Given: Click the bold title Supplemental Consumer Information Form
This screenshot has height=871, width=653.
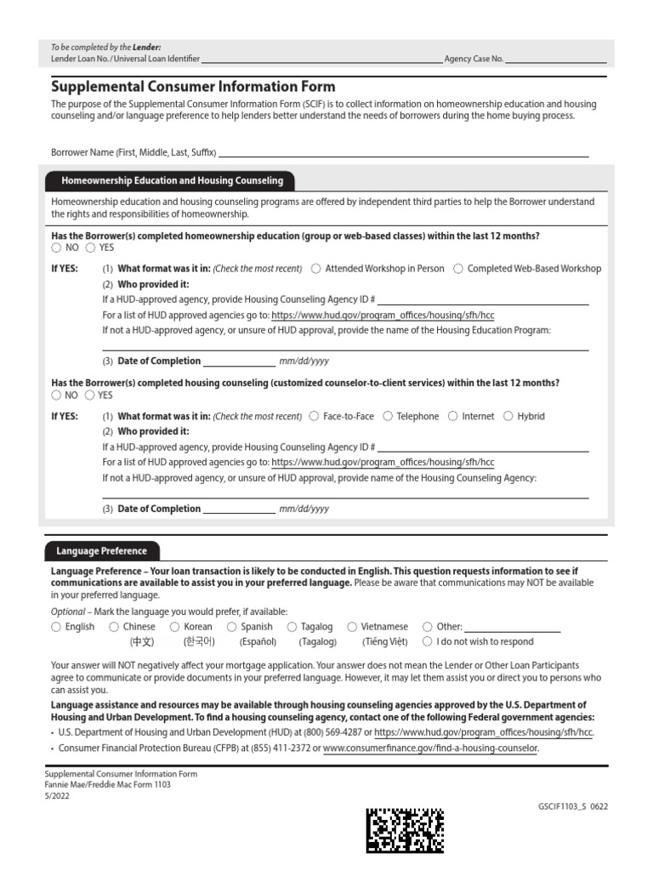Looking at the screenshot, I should [x=193, y=87].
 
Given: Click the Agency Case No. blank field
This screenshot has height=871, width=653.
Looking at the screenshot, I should [x=556, y=60].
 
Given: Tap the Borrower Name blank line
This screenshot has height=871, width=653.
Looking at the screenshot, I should [x=403, y=153].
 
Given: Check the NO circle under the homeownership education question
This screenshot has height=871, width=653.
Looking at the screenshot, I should [x=56, y=248].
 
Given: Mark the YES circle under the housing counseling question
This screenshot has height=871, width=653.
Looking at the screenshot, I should [x=89, y=396].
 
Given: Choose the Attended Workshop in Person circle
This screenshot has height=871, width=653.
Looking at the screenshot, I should [x=316, y=269].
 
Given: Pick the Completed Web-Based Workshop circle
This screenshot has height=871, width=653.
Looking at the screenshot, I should [x=458, y=269].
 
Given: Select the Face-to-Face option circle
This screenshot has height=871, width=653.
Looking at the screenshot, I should [x=315, y=417].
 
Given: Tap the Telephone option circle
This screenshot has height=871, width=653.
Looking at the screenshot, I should [x=388, y=417].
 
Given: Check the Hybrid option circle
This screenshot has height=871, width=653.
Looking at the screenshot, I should [x=508, y=417].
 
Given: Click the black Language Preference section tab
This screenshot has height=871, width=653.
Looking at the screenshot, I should [x=101, y=551].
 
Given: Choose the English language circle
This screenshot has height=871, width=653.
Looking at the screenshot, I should [x=56, y=627].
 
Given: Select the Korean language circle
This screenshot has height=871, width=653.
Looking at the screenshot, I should [x=175, y=627].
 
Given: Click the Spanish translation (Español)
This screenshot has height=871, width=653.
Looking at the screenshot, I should [x=258, y=642].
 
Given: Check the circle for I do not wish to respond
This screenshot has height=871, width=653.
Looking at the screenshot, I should [x=428, y=642].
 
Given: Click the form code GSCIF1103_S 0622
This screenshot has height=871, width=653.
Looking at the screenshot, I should [x=573, y=806].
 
